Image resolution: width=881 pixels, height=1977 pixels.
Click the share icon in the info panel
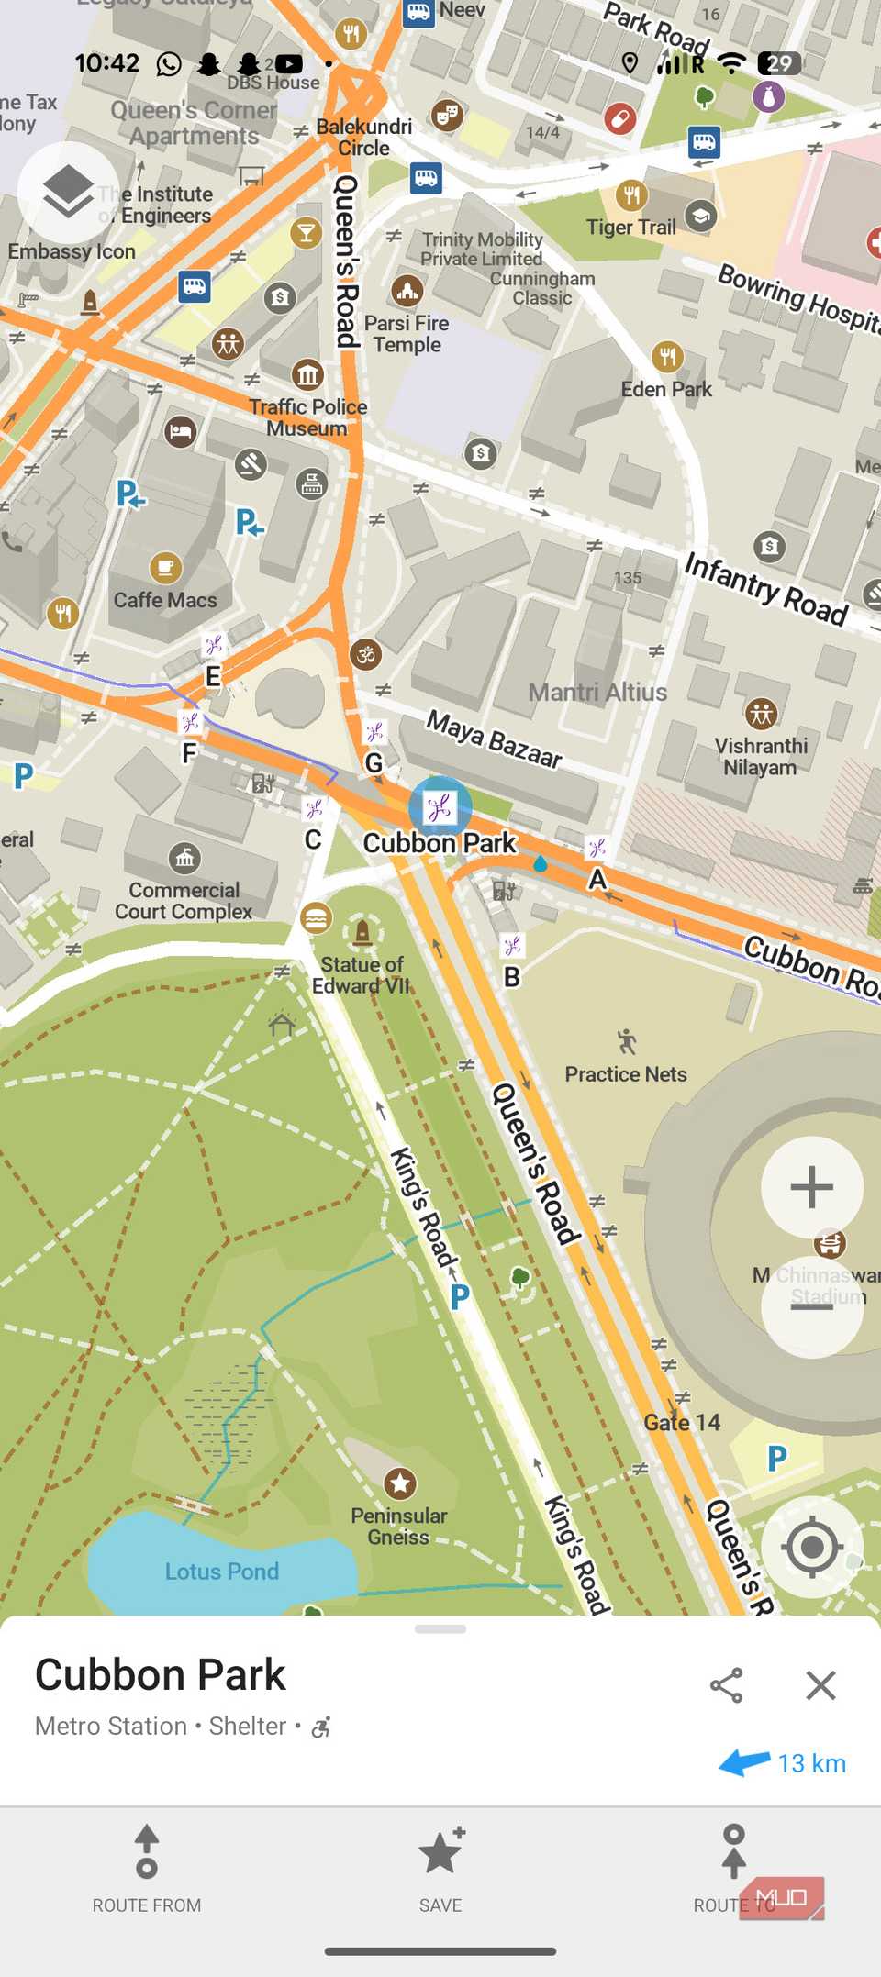(x=726, y=1685)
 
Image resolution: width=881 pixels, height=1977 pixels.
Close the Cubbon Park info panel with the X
(x=820, y=1685)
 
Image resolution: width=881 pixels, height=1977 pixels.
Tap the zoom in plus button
(x=811, y=1187)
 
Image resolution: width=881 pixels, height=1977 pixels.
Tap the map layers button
(x=68, y=192)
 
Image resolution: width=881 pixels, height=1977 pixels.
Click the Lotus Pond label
(x=222, y=1572)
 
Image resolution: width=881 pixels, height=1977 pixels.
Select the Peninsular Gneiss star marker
(x=399, y=1483)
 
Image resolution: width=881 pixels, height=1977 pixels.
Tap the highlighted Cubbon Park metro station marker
(x=440, y=807)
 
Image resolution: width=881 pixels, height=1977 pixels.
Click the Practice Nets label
(x=626, y=1074)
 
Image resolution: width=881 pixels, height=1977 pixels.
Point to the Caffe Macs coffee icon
(x=165, y=568)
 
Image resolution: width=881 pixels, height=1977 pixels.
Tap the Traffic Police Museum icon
(x=308, y=374)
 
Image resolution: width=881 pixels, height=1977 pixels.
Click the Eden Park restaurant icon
(x=667, y=356)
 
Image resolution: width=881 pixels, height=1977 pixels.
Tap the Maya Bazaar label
(x=494, y=739)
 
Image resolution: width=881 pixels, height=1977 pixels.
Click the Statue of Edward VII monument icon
(x=362, y=933)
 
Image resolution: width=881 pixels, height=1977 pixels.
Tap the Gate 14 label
(x=682, y=1423)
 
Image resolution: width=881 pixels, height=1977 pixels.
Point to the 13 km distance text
(x=811, y=1763)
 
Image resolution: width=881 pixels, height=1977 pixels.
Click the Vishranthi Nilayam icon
(x=761, y=713)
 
